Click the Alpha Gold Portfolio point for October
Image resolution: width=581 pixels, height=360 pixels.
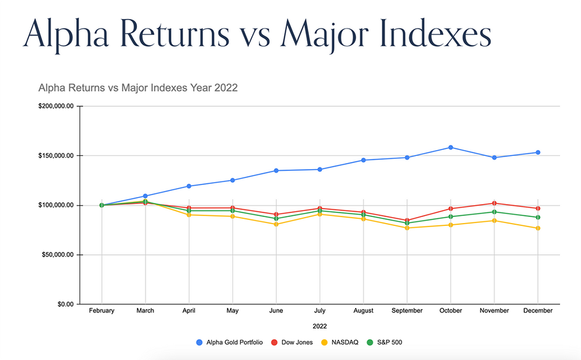coord(451,147)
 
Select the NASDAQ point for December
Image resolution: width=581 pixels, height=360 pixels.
coord(538,228)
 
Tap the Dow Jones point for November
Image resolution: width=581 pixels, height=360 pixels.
coord(494,203)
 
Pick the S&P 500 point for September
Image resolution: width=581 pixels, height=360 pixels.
coord(407,222)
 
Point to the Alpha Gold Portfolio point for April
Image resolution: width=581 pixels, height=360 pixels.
coord(189,186)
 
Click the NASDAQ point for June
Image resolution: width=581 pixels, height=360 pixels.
coord(276,224)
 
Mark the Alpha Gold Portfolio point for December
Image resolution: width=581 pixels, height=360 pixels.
coord(538,152)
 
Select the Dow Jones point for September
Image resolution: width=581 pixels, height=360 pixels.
coord(407,220)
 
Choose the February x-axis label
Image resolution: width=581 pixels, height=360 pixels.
coord(102,311)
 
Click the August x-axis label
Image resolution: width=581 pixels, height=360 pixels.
coord(363,311)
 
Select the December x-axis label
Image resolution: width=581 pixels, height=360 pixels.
coord(538,311)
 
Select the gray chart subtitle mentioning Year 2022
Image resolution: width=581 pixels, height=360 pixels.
coord(138,88)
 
